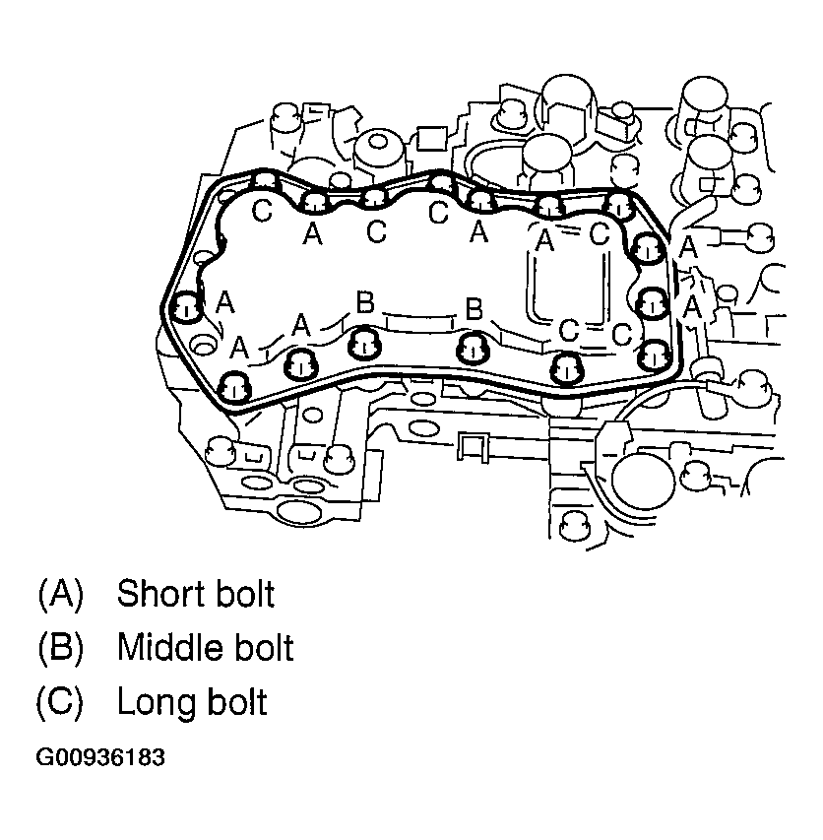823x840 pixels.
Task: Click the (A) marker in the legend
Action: [x=61, y=594]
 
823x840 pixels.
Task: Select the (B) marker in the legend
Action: [x=61, y=648]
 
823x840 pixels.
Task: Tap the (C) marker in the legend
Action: [x=61, y=702]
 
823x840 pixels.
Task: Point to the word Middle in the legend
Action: [x=164, y=648]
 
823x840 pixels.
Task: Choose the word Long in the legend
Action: [x=152, y=702]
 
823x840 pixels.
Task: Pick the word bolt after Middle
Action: [x=259, y=648]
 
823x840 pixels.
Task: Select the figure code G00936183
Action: [x=100, y=758]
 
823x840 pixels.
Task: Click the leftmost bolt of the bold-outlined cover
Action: [x=184, y=309]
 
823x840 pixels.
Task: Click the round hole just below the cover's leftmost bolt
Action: [x=206, y=345]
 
